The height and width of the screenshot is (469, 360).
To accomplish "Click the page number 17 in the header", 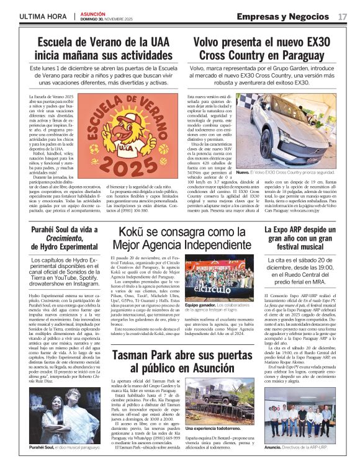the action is click(343, 15).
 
